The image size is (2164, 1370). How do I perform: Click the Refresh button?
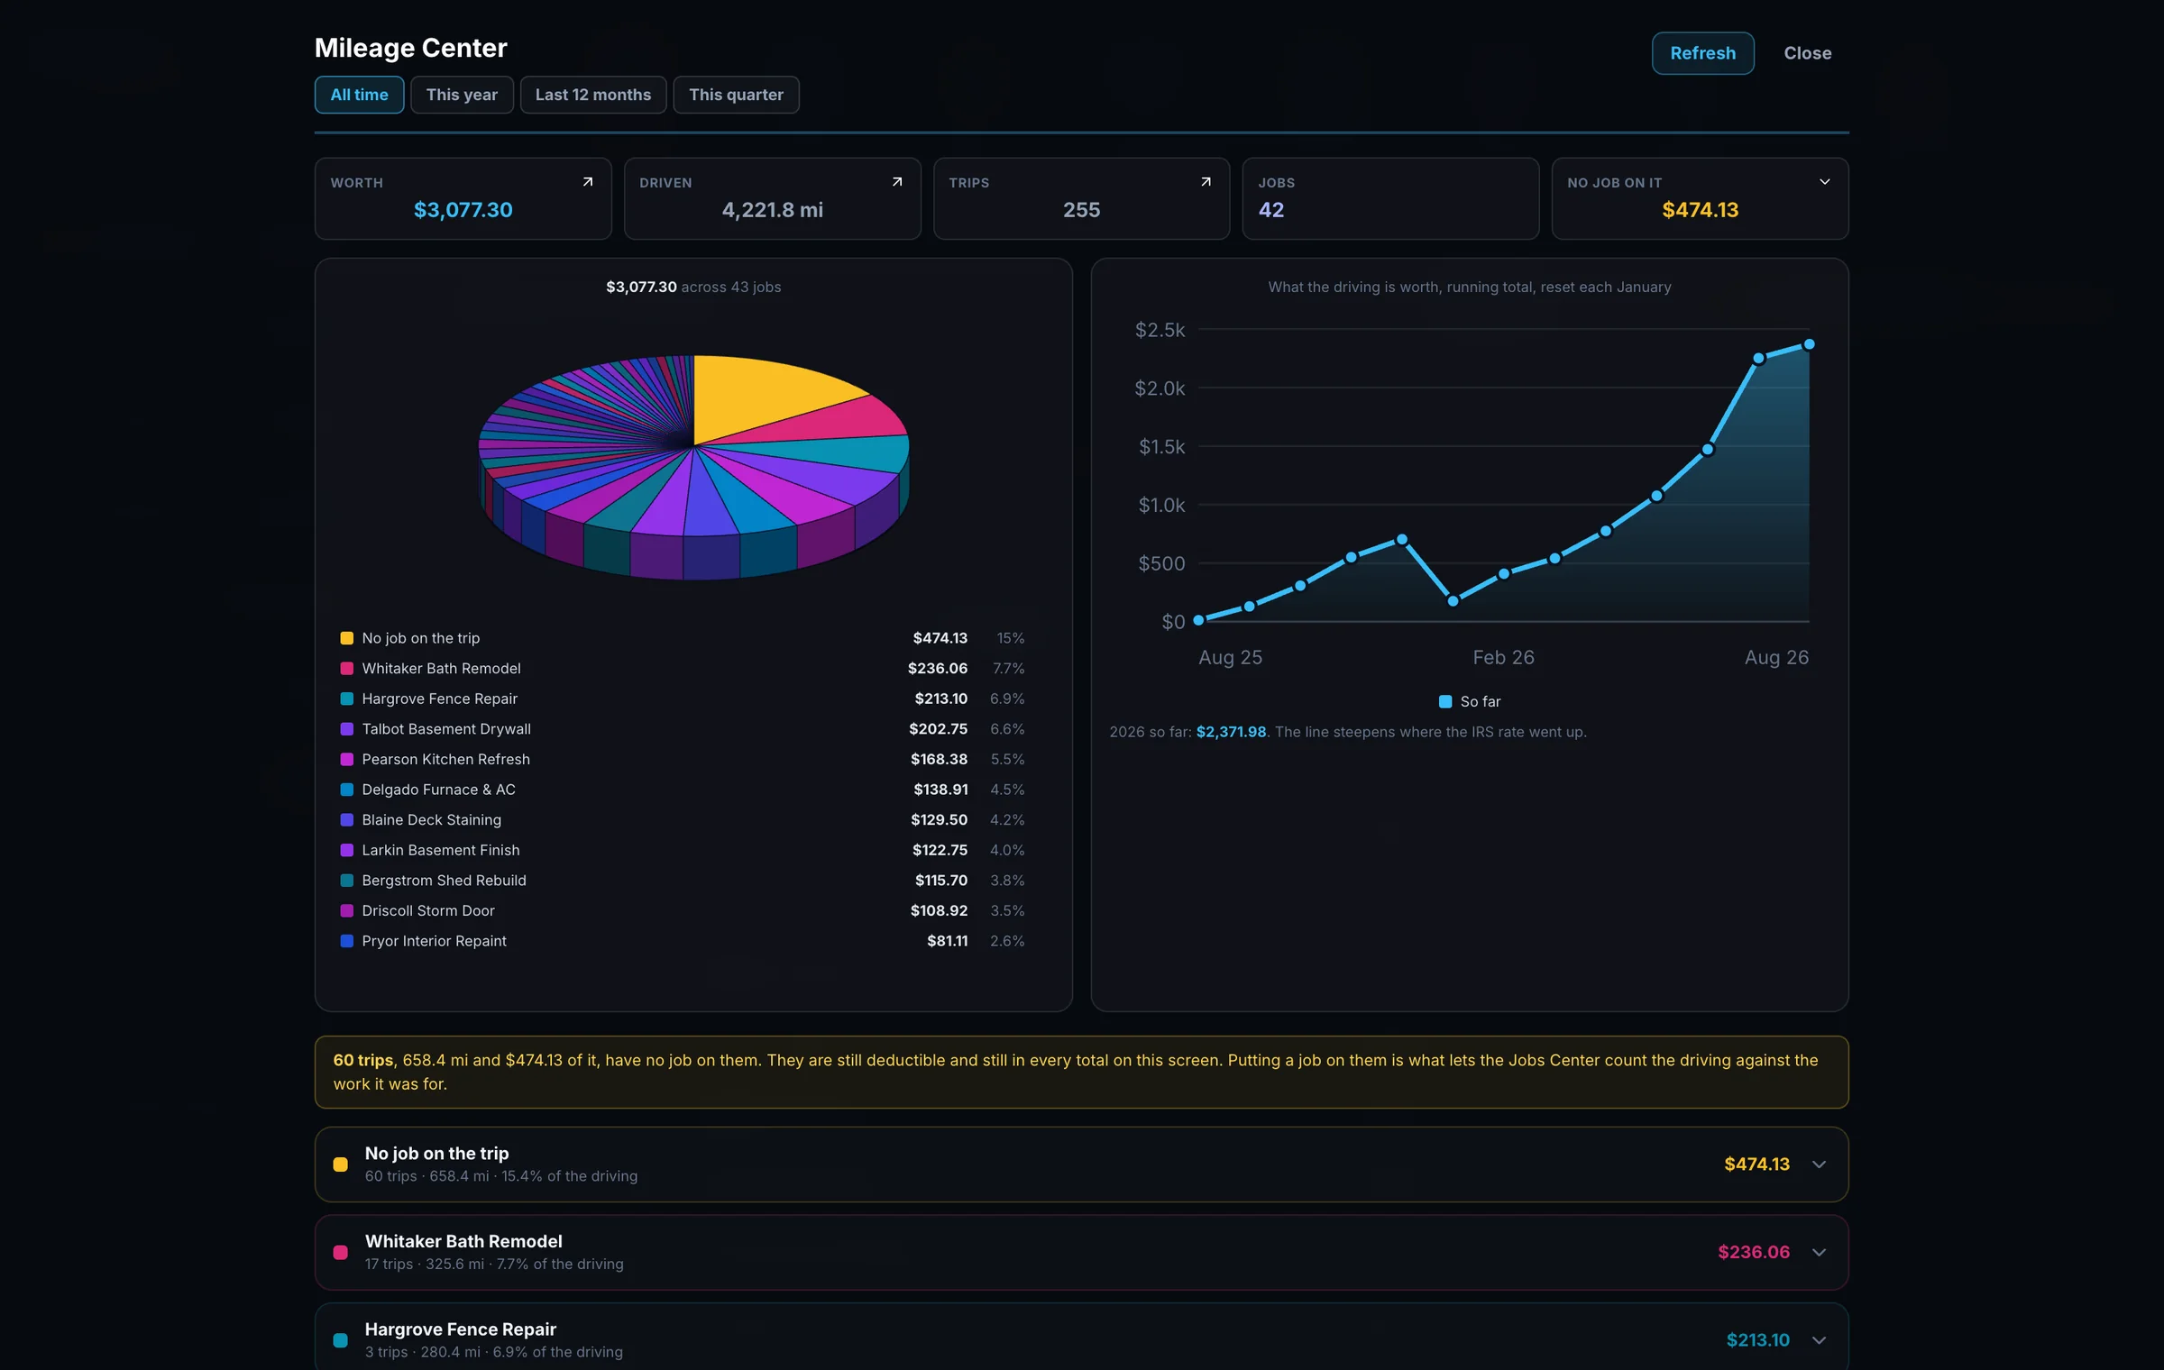click(x=1702, y=53)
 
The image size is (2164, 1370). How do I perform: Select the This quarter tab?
click(x=736, y=95)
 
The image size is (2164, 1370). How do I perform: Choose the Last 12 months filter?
click(x=592, y=95)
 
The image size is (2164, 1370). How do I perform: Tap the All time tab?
click(x=359, y=95)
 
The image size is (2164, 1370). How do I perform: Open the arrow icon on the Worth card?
click(x=588, y=182)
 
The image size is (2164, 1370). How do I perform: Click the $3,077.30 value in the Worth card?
click(x=463, y=210)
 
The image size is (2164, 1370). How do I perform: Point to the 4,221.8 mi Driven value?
click(x=772, y=210)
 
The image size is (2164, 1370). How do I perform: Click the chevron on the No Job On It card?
click(x=1824, y=182)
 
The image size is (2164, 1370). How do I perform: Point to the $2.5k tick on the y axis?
click(x=1160, y=330)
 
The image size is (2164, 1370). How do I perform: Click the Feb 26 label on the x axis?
click(x=1503, y=657)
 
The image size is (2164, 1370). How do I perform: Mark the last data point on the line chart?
click(x=1809, y=344)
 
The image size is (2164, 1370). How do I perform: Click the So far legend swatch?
click(x=1445, y=701)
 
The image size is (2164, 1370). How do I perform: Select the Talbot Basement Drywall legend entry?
click(x=446, y=729)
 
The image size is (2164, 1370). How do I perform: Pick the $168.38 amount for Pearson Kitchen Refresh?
click(x=939, y=759)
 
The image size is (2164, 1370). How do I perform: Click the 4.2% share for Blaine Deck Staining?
click(x=1007, y=820)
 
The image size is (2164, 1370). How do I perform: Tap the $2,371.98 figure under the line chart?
click(x=1231, y=732)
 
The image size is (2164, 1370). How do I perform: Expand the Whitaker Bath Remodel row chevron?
click(x=1819, y=1252)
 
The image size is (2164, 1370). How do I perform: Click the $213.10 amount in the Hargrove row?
click(x=1757, y=1340)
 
